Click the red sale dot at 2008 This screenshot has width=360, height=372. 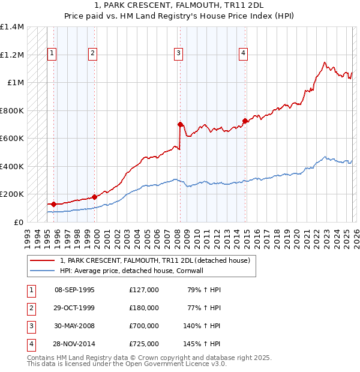click(180, 124)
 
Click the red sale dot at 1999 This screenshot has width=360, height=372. click(95, 197)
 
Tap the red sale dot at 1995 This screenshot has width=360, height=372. click(54, 204)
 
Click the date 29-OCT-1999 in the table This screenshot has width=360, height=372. click(74, 308)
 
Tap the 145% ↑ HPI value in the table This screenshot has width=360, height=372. click(202, 344)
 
